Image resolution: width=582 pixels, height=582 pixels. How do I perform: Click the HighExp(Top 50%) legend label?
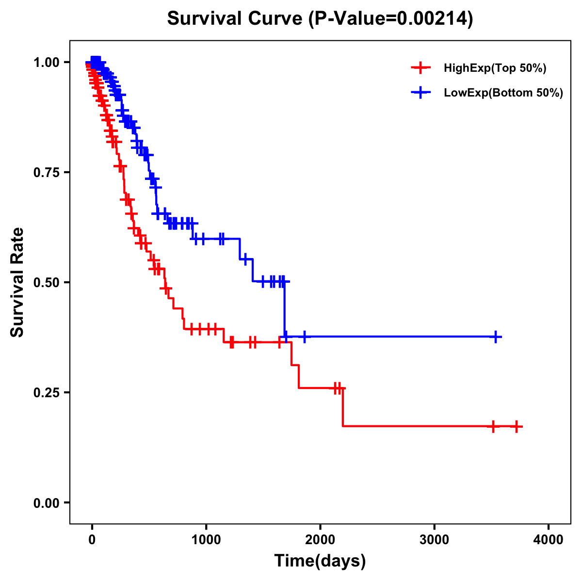[x=495, y=68]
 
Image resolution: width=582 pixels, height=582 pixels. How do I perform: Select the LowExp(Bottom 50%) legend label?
[x=503, y=93]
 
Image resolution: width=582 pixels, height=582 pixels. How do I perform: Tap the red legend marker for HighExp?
[x=420, y=68]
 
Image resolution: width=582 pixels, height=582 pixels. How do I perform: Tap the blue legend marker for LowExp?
[x=420, y=92]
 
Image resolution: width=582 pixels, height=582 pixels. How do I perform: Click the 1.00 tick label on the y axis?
[x=46, y=62]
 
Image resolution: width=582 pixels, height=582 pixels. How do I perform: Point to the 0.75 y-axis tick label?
[x=46, y=172]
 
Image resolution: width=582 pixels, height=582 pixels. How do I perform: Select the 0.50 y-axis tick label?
[x=46, y=282]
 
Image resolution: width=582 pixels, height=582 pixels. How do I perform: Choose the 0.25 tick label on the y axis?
[x=46, y=392]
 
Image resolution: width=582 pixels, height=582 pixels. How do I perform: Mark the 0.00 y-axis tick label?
[x=46, y=502]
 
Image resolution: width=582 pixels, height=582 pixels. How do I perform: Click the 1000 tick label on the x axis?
[x=206, y=540]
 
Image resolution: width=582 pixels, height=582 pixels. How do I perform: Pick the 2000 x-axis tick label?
[x=320, y=540]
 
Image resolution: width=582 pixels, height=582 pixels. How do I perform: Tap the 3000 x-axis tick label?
[x=435, y=540]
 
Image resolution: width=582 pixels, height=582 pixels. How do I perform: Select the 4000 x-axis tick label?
[x=549, y=540]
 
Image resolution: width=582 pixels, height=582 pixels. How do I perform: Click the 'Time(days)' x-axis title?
[x=320, y=561]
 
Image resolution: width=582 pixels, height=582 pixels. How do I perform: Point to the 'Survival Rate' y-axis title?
[x=17, y=282]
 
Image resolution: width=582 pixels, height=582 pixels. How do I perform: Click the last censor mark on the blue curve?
[x=496, y=337]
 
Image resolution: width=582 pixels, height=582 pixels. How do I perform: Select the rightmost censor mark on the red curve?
[x=517, y=426]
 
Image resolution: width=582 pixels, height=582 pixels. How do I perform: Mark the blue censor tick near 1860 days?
[x=305, y=337]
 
